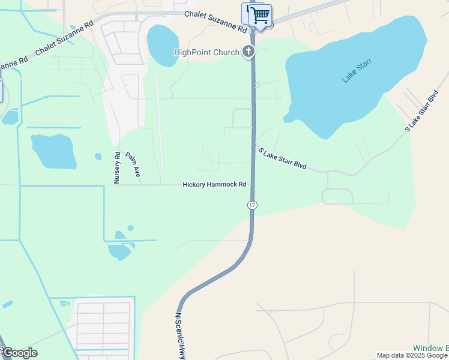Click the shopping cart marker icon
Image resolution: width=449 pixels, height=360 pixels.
click(260, 15)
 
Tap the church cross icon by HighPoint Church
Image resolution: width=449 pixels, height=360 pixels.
click(249, 52)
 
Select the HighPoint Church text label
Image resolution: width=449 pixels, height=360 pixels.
click(206, 53)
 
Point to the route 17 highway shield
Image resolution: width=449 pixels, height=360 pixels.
click(252, 205)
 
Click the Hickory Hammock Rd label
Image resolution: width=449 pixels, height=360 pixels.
click(214, 185)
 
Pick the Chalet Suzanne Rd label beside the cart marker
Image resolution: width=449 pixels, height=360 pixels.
click(215, 22)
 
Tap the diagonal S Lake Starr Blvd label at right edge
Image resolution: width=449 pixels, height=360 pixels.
click(423, 112)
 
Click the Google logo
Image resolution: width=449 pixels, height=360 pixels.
click(20, 353)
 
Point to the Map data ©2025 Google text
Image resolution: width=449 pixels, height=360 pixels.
click(412, 355)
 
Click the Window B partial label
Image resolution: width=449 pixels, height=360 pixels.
click(430, 348)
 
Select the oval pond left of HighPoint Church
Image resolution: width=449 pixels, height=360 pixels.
click(163, 46)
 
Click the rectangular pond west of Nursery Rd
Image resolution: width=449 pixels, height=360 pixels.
click(53, 151)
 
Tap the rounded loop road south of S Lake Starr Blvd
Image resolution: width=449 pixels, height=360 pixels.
click(337, 196)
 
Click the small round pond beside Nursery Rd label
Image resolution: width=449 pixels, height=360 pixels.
click(98, 157)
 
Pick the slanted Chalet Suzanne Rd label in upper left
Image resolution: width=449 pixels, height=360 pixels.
click(65, 39)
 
